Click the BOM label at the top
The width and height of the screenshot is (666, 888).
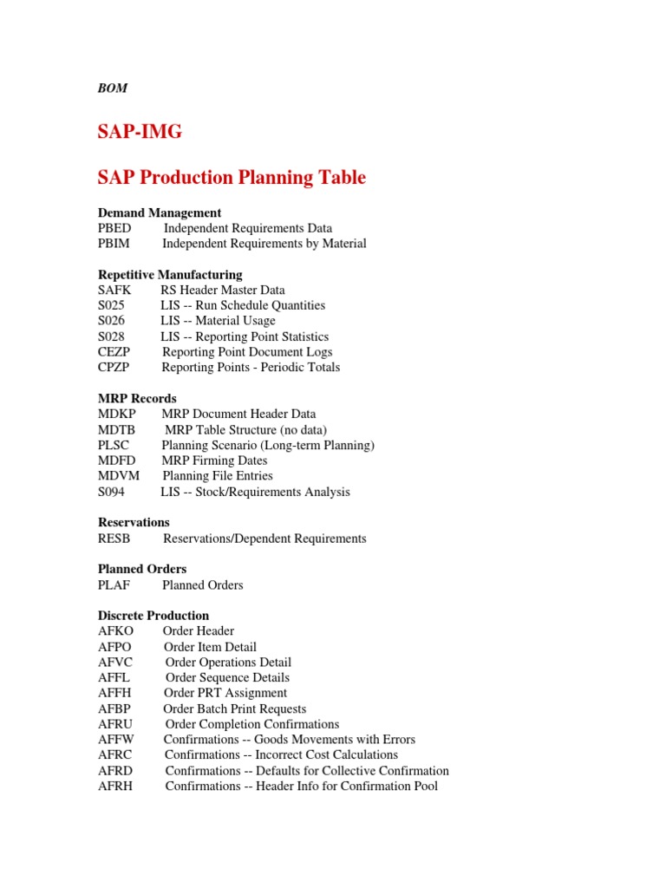pyautogui.click(x=113, y=88)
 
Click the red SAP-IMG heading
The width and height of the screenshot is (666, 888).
pyautogui.click(x=140, y=132)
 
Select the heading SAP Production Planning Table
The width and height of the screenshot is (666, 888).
pyautogui.click(x=232, y=178)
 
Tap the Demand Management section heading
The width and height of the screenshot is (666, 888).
pyautogui.click(x=160, y=212)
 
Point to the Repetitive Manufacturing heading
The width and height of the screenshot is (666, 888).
pyautogui.click(x=170, y=275)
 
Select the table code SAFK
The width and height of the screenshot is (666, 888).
pyautogui.click(x=114, y=290)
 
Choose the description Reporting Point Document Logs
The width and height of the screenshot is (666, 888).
pyautogui.click(x=247, y=352)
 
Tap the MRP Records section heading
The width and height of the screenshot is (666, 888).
pyautogui.click(x=137, y=399)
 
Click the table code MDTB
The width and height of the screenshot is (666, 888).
pyautogui.click(x=116, y=430)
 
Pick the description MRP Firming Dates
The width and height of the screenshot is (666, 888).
pyautogui.click(x=214, y=460)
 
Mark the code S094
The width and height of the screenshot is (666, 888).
pyautogui.click(x=112, y=492)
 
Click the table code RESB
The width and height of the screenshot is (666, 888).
pyautogui.click(x=114, y=539)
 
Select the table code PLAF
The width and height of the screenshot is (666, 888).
pyautogui.click(x=114, y=585)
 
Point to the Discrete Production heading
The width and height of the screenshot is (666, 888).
pyautogui.click(x=153, y=616)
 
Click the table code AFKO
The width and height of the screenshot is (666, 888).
pyautogui.click(x=116, y=631)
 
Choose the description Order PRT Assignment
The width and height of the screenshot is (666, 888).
pyautogui.click(x=225, y=693)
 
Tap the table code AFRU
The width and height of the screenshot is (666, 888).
pyautogui.click(x=116, y=724)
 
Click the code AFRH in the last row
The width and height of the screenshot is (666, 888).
pyautogui.click(x=116, y=786)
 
